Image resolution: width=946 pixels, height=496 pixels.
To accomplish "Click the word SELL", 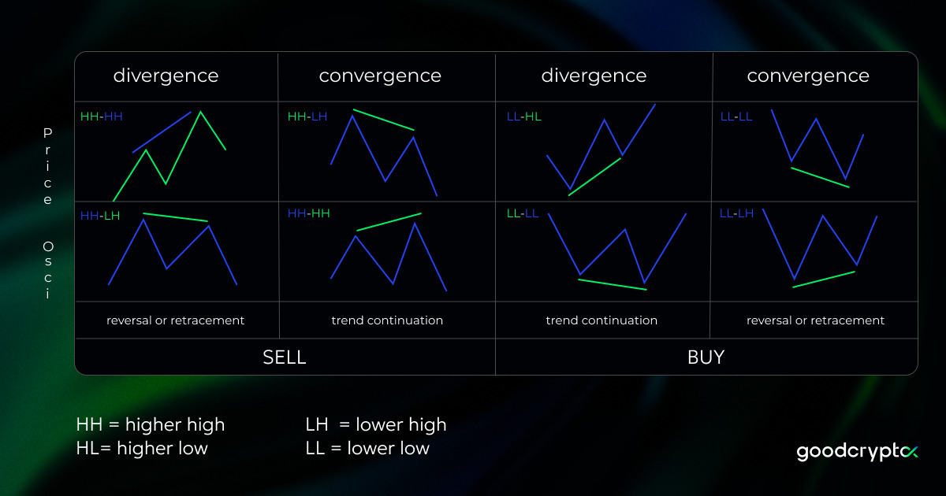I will tap(284, 357).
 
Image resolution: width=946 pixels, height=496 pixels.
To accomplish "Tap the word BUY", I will tap(706, 357).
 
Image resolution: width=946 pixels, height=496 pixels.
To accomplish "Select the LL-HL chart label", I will tap(523, 117).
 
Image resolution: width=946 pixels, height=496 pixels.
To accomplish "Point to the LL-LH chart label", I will tap(736, 213).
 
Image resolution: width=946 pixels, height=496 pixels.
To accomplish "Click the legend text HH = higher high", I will tap(151, 424).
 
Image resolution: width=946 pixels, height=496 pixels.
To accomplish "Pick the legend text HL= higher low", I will tap(142, 448).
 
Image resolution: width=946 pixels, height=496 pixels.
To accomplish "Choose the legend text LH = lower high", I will tap(376, 424).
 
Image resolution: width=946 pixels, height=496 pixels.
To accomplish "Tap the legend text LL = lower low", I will tap(367, 448).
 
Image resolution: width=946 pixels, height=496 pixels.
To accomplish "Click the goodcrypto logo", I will tap(858, 451).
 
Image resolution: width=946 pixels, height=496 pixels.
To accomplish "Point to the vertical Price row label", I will tap(47, 167).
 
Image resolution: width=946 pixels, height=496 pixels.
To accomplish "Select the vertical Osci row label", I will tap(47, 270).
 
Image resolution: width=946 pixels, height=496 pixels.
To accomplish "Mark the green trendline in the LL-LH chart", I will tap(824, 279).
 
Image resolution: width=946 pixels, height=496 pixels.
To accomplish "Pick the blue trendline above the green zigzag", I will tap(162, 131).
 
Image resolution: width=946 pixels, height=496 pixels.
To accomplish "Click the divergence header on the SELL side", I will tap(166, 76).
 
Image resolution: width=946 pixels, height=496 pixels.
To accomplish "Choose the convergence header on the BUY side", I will tap(808, 76).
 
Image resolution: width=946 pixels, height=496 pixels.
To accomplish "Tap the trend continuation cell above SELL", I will tap(387, 320).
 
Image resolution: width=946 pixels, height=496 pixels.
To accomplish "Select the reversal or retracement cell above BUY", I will tap(815, 320).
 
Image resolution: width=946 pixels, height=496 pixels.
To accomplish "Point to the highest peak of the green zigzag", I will tap(200, 113).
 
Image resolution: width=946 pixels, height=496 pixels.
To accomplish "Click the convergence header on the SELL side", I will tap(380, 76).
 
